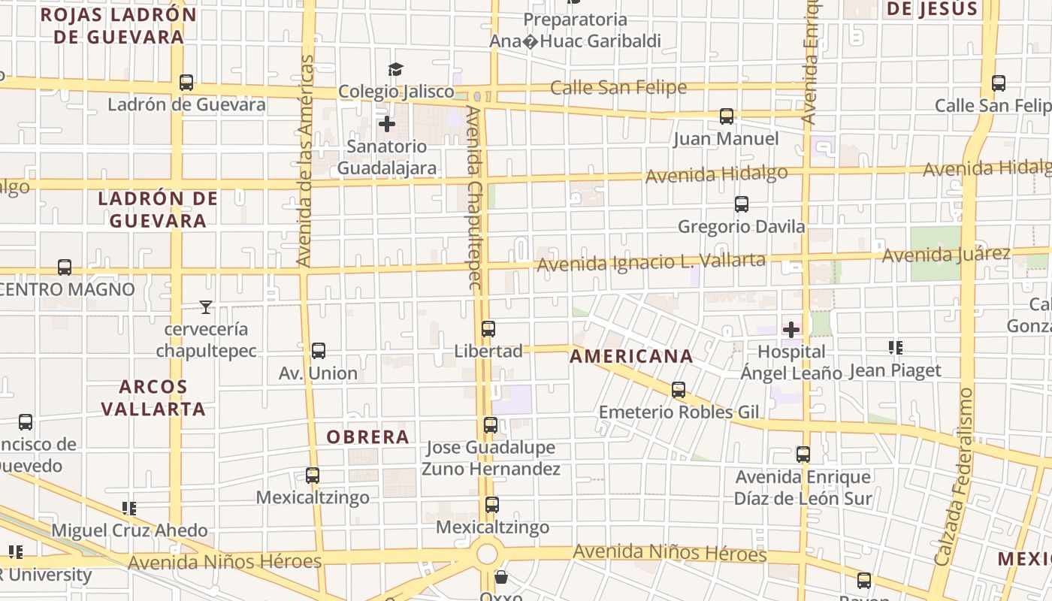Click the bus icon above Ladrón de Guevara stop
[x=186, y=83]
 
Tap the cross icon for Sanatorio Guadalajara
[x=387, y=124]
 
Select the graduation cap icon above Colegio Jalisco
[x=395, y=70]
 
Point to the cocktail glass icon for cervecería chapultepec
[x=206, y=307]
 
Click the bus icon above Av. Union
[x=319, y=351]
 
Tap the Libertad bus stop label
[x=488, y=351]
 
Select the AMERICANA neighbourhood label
[x=631, y=356]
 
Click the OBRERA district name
[x=368, y=436]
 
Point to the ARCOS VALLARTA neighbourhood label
[x=153, y=398]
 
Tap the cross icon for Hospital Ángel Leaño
[x=791, y=329]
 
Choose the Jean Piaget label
[x=895, y=370]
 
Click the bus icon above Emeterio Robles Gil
[x=679, y=390]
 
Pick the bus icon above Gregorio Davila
[x=742, y=204]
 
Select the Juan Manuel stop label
[x=726, y=139]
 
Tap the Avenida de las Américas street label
[x=304, y=161]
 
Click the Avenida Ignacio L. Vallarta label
[x=651, y=262]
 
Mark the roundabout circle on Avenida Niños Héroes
[x=487, y=554]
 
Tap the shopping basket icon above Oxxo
[x=501, y=578]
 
